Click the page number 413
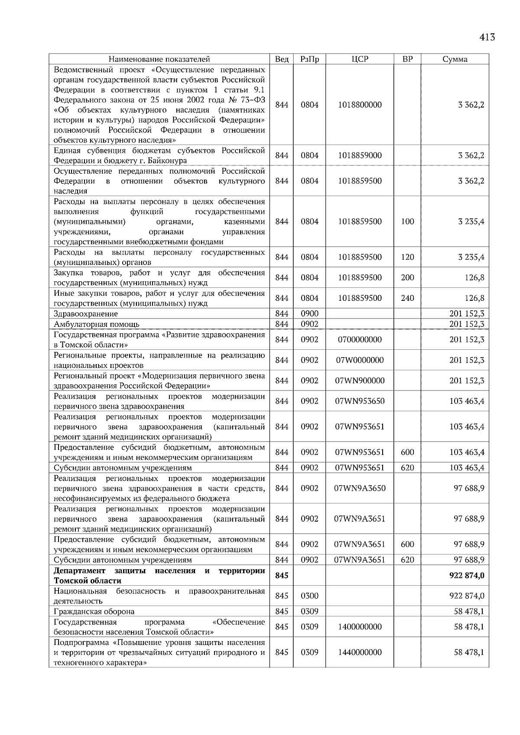tap(487, 38)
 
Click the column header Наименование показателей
tap(159, 59)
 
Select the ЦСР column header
tap(360, 59)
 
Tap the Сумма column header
tap(455, 59)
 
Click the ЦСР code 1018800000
tap(360, 105)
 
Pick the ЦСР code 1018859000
tap(360, 155)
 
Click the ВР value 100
tap(407, 222)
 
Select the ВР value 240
tap(407, 298)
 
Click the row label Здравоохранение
tap(86, 314)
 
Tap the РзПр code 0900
tap(309, 314)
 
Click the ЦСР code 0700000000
tap(360, 340)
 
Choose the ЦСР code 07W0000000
tap(360, 360)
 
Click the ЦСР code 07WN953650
tap(360, 401)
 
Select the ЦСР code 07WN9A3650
tap(360, 488)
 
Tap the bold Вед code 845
tap(282, 576)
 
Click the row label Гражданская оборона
tap(94, 612)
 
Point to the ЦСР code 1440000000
tap(360, 652)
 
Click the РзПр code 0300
tap(309, 596)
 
